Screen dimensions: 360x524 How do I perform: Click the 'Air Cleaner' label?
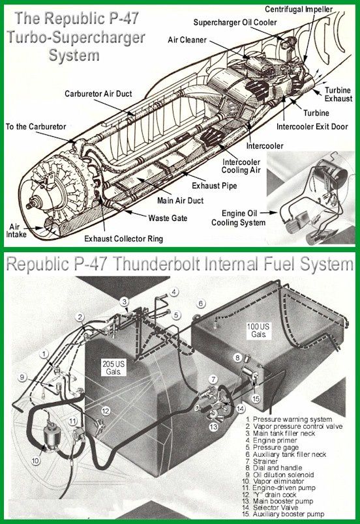point(187,40)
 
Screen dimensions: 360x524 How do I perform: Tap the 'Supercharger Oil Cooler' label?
point(235,22)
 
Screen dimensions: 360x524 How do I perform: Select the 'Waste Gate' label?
point(168,218)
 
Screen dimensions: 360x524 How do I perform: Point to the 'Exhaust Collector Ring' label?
point(123,239)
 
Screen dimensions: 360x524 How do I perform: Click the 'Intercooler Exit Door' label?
point(312,126)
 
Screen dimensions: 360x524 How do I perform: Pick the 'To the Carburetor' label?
point(36,126)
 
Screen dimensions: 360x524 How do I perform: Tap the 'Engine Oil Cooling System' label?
point(239,218)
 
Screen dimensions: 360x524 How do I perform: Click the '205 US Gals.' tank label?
point(114,368)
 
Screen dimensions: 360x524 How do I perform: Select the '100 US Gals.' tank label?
point(258,330)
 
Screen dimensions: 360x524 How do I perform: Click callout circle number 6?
point(201,304)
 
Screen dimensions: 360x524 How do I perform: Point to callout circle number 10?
point(36,461)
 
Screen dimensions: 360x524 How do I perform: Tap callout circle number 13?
point(214,426)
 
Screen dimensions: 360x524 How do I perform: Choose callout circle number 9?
point(22,377)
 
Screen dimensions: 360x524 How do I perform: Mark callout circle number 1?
point(44,353)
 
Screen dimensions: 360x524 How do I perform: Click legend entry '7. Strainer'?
point(262,461)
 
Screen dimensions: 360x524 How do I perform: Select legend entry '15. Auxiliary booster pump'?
point(285,514)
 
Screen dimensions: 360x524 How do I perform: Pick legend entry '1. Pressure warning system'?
point(289,419)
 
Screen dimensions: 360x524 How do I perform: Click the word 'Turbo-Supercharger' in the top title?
point(76,36)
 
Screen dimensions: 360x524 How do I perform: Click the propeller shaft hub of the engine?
point(33,202)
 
